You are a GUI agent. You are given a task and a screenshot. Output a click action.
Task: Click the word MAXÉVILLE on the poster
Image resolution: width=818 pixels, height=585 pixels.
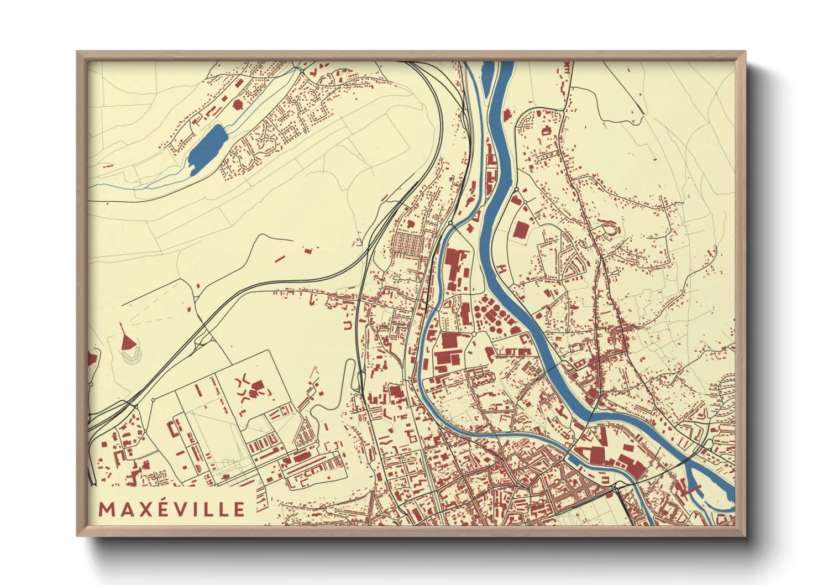[171, 509]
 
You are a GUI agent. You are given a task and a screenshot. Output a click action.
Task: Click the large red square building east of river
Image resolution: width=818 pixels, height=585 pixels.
[520, 229]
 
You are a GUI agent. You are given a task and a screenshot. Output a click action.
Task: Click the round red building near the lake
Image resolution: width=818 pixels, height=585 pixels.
[238, 104]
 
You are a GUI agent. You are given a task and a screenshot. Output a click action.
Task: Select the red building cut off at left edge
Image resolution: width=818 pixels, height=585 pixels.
[91, 359]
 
